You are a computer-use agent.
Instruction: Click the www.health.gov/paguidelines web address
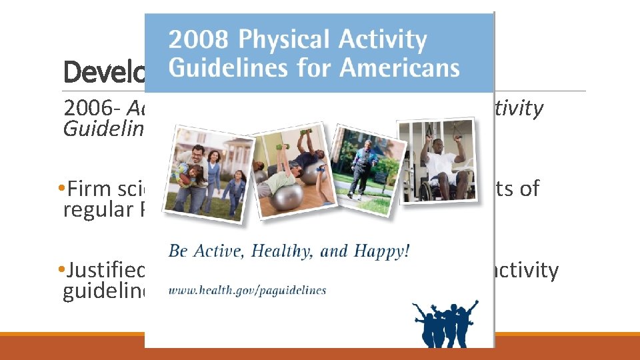click(247, 290)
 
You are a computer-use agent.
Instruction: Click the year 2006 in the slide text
click(84, 109)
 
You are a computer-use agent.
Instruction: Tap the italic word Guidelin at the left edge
click(103, 128)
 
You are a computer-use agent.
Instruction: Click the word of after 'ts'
click(529, 189)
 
